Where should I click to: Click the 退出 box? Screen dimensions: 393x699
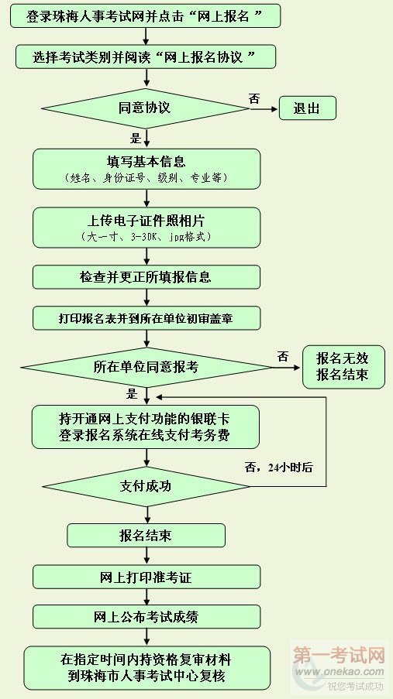pos(307,108)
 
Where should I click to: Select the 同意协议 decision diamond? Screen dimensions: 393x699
pos(145,108)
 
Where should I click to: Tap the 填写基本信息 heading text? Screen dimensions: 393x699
pos(146,160)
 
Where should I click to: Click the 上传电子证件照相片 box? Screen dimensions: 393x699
pos(147,228)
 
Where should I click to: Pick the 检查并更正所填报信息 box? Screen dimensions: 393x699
pos(147,277)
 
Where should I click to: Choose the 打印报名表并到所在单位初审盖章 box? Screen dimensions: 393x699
pos(147,318)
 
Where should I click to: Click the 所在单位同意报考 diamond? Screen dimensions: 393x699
pos(146,368)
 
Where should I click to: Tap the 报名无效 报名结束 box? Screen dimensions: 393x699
pos(343,367)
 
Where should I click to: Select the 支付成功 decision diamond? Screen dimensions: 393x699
pos(146,486)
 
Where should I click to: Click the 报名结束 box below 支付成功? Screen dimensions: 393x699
pos(146,536)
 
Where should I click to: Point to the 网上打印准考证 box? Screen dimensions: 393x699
pos(147,577)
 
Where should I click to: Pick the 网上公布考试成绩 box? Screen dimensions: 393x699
pos(147,616)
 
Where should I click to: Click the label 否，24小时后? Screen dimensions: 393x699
pos(278,468)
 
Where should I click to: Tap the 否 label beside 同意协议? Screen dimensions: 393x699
pos(254,98)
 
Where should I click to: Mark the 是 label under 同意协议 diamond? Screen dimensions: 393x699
pos(136,138)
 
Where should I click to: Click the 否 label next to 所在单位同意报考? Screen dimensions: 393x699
pos(283,356)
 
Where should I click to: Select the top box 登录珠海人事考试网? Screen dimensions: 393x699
pos(146,16)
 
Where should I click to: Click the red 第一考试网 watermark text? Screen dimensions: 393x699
pos(339,656)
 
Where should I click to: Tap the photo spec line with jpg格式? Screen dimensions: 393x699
pos(146,237)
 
